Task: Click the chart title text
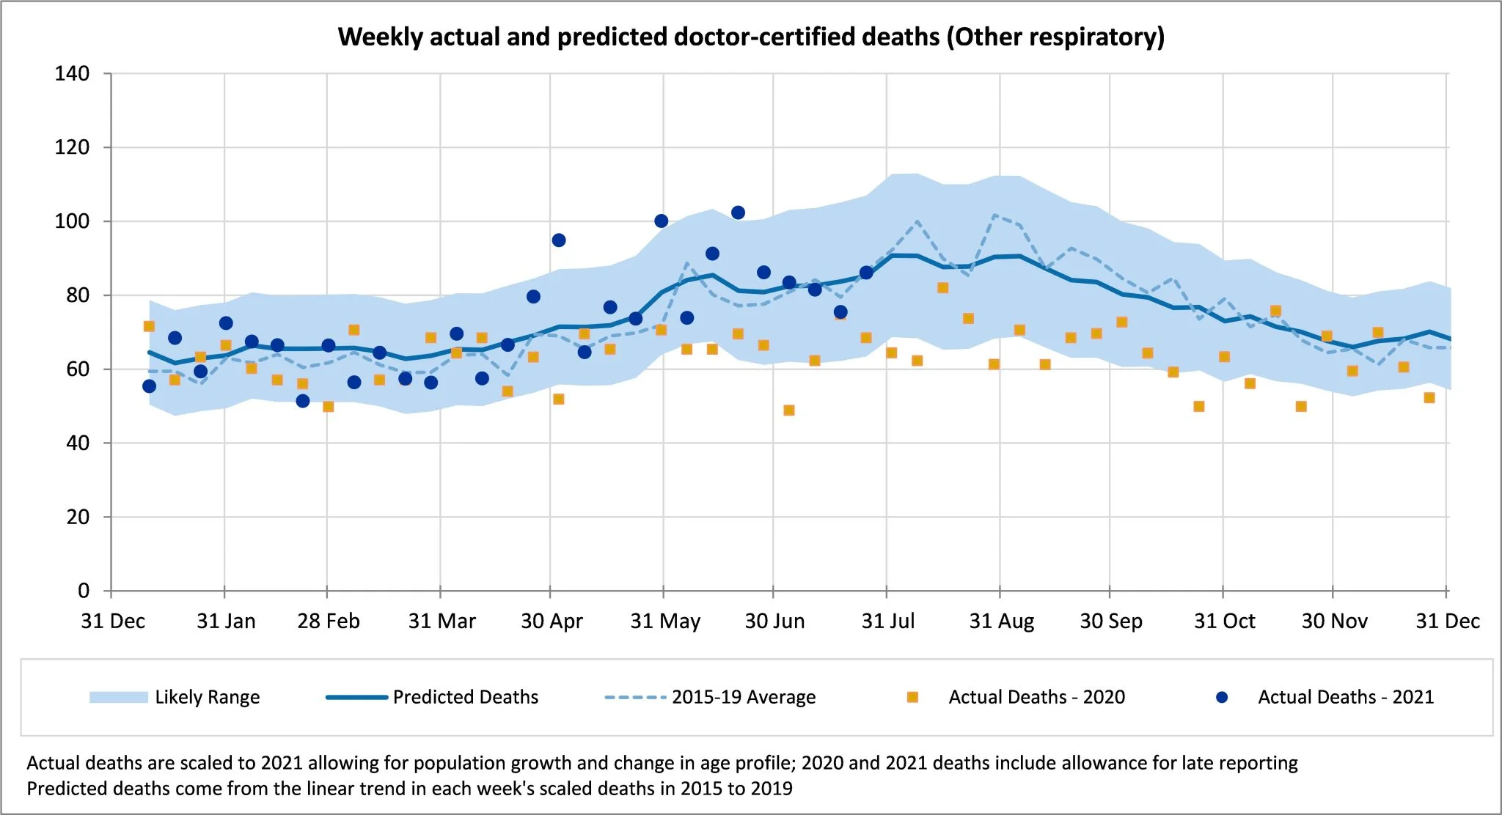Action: [751, 37]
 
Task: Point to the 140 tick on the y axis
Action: [72, 73]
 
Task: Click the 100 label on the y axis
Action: [72, 221]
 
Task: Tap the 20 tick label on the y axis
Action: [78, 517]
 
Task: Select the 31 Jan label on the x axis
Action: [226, 621]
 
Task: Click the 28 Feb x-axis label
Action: [328, 621]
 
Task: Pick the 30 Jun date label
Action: [774, 621]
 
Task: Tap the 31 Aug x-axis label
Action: [1001, 621]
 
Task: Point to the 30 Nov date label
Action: [1334, 621]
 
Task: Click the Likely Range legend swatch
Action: [118, 697]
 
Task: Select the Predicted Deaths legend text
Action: [465, 697]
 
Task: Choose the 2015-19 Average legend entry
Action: [743, 697]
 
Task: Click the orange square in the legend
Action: [912, 697]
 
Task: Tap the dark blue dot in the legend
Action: [1222, 697]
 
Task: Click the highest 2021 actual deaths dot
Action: [738, 213]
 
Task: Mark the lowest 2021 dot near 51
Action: [303, 401]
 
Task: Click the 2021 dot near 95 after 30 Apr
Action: [559, 240]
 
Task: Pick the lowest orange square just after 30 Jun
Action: [789, 410]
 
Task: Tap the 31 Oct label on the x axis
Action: [1224, 621]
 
